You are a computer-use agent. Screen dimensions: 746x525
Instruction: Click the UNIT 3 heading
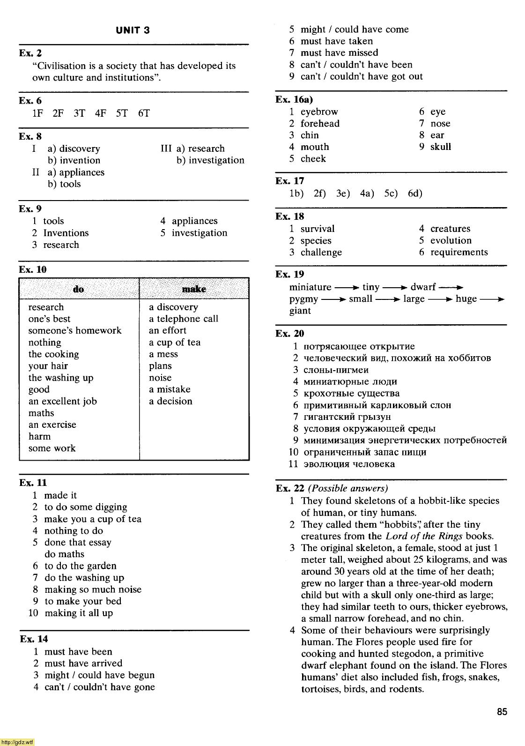coord(133,30)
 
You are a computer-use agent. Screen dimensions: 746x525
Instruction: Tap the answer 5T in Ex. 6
coord(122,113)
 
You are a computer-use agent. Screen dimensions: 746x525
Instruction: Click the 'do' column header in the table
coord(78,289)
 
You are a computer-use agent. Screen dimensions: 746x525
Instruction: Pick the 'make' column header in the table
coord(194,289)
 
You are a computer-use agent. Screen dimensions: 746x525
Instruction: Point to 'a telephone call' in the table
coord(184,319)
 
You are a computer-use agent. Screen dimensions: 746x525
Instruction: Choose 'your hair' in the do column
coord(48,366)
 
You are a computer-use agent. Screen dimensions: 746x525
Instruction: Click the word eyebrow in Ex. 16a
coord(319,112)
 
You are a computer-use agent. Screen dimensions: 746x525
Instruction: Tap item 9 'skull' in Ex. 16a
coord(440,147)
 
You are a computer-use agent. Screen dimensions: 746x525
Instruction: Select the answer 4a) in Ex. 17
coord(367,194)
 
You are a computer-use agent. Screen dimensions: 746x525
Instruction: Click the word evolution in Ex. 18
coord(451,241)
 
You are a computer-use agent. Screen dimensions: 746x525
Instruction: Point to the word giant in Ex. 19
coord(300,311)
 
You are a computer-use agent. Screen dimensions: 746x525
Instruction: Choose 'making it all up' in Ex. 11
coord(79,613)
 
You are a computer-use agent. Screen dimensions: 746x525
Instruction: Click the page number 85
coord(502,712)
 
